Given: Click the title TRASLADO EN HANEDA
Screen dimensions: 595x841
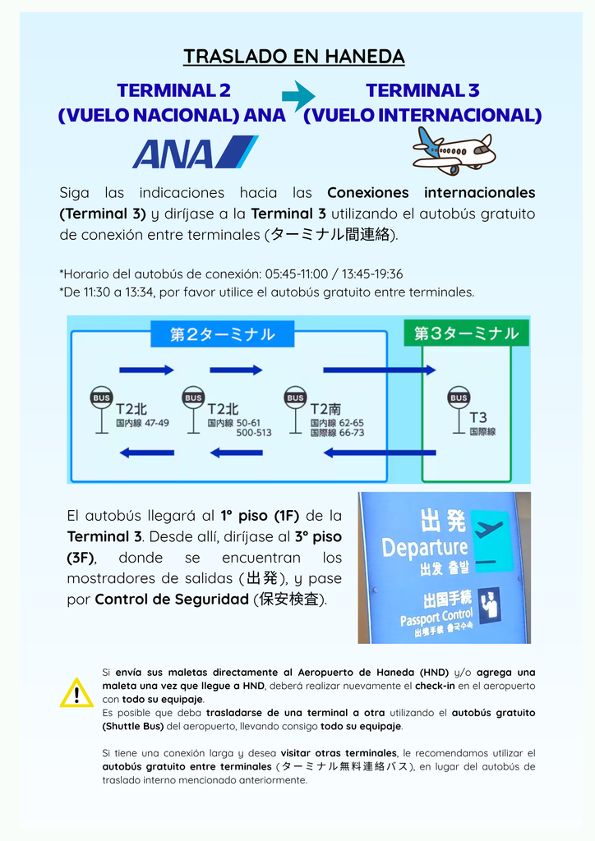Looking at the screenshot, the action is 293,57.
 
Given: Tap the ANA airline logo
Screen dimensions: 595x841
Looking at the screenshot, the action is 196,152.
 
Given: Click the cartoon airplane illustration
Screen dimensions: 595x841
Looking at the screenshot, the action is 454,151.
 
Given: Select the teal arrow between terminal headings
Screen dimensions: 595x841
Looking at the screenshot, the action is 298,96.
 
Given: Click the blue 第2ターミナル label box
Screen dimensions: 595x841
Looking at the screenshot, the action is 223,334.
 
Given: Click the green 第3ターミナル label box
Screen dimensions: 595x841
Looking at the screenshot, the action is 466,333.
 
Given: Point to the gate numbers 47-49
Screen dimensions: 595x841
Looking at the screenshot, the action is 157,423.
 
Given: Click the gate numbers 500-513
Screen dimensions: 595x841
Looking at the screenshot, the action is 254,433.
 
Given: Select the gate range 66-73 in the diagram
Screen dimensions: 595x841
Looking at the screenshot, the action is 352,432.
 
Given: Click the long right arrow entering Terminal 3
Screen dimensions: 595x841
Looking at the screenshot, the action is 380,370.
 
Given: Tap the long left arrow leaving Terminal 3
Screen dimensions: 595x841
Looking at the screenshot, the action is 380,453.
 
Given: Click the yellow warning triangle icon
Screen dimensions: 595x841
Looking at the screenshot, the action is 76,693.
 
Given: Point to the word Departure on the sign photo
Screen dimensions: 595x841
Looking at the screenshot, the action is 425,548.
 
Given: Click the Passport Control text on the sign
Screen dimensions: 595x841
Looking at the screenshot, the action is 436,618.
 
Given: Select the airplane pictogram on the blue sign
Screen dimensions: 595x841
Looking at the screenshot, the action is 489,530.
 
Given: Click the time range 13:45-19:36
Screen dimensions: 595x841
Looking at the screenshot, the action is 372,274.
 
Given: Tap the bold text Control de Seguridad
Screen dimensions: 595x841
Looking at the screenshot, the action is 172,599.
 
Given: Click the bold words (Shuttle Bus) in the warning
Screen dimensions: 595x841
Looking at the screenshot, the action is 133,726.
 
